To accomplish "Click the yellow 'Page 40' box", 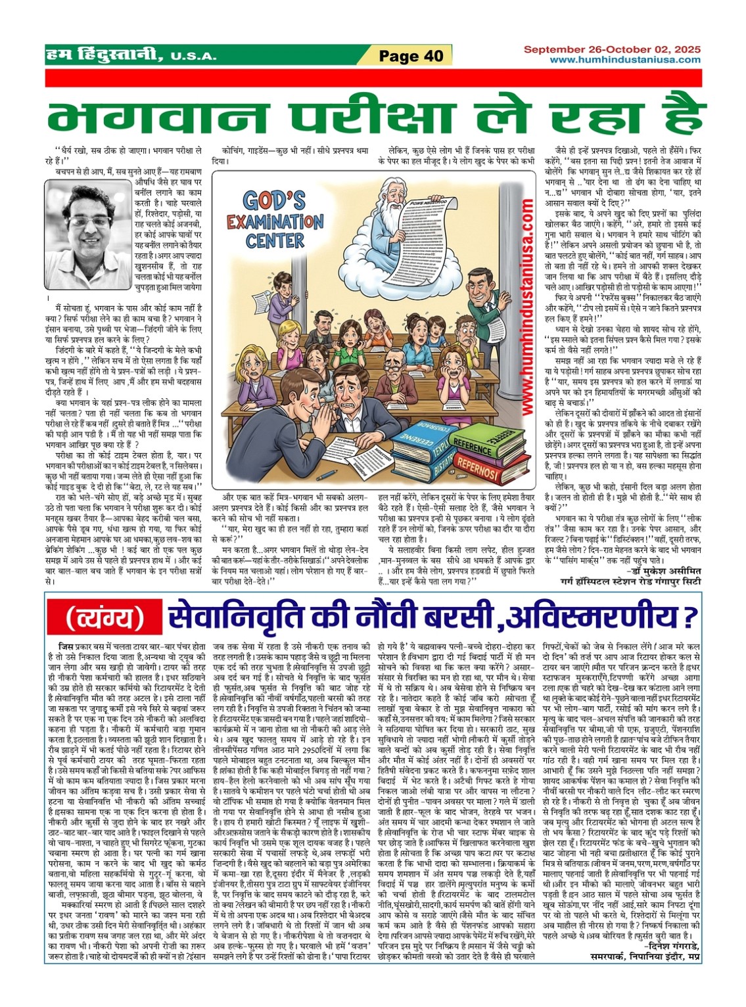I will [x=411, y=55].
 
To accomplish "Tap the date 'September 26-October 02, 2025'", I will [x=612, y=49].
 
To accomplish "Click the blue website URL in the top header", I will [x=624, y=60].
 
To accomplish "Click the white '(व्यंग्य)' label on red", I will [x=106, y=617].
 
